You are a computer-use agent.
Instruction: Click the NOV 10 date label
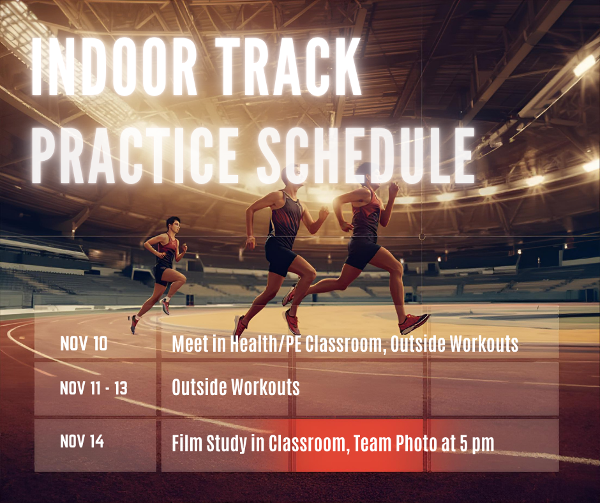pyautogui.click(x=84, y=343)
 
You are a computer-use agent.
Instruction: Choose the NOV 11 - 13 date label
pyautogui.click(x=93, y=387)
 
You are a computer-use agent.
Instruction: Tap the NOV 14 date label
pyautogui.click(x=82, y=441)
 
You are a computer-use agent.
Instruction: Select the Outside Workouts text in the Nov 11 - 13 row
pyautogui.click(x=236, y=387)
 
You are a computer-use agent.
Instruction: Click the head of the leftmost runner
pyautogui.click(x=173, y=225)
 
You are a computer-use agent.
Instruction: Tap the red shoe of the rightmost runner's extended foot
pyautogui.click(x=414, y=323)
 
